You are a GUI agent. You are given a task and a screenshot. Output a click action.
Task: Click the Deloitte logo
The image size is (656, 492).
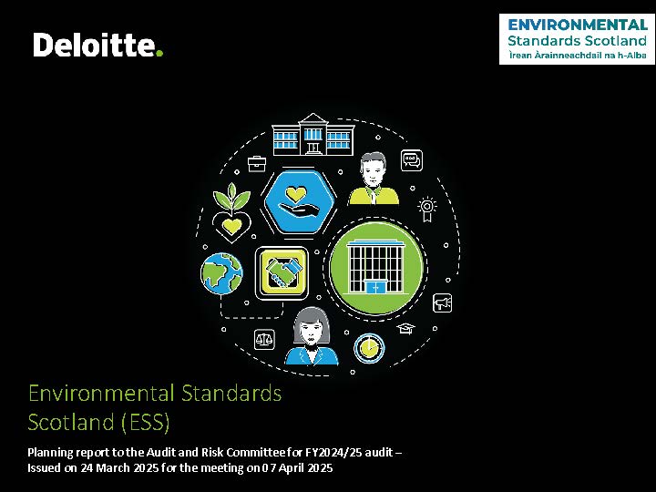[x=97, y=45]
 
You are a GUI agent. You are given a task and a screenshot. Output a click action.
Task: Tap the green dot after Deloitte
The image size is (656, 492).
[x=159, y=53]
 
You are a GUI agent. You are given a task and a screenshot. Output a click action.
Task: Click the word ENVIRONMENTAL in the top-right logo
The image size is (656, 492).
[x=578, y=25]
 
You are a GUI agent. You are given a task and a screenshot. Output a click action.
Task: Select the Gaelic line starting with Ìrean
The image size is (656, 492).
[x=578, y=56]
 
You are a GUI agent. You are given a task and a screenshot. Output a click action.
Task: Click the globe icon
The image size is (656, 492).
[x=221, y=273]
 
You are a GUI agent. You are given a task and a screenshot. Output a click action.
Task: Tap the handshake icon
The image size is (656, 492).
[x=282, y=273]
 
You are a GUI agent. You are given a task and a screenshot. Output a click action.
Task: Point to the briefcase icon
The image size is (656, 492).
[x=257, y=164]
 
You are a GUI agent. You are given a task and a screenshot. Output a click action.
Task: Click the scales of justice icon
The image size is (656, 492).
[x=264, y=339]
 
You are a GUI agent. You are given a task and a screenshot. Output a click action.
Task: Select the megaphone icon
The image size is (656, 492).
[x=442, y=302]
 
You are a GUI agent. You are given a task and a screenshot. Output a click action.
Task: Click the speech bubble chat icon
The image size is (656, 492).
[x=412, y=160]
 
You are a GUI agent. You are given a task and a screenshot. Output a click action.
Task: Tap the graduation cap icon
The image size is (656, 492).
[x=405, y=328]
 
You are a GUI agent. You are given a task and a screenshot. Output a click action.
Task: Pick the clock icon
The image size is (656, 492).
[x=369, y=348]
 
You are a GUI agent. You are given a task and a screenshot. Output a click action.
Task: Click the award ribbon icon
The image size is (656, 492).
[x=426, y=209]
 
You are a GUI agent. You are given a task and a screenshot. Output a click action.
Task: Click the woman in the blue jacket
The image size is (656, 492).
[x=312, y=337]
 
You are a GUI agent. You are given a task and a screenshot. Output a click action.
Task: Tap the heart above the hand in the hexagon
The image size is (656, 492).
[x=296, y=195]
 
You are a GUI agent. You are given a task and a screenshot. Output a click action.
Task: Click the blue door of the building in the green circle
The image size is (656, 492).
[x=375, y=287]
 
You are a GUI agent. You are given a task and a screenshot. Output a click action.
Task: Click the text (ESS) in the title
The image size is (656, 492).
[x=146, y=422]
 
